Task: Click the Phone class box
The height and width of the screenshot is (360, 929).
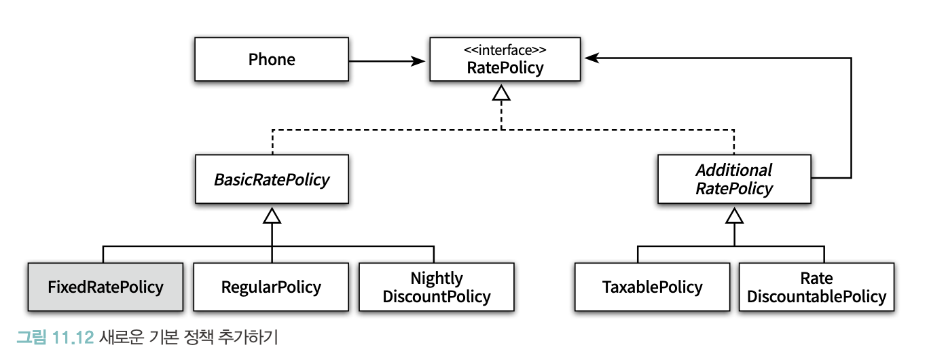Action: [272, 59]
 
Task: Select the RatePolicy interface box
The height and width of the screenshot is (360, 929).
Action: [505, 59]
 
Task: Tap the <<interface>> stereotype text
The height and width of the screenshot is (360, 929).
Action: [505, 50]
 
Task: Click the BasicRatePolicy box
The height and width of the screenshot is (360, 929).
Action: [272, 179]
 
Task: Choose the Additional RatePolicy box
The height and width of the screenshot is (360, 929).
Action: [735, 179]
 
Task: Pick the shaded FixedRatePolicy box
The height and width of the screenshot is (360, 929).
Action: [105, 287]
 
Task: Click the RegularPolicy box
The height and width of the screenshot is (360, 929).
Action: [271, 287]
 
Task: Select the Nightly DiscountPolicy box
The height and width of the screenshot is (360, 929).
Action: [437, 287]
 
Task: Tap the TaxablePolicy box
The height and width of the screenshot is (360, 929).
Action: [653, 287]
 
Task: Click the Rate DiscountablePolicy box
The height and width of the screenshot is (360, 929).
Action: [816, 287]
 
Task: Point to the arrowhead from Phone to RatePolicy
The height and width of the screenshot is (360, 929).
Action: [418, 61]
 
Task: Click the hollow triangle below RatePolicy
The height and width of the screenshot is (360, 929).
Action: [501, 93]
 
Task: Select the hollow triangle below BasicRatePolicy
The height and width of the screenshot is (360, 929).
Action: [272, 216]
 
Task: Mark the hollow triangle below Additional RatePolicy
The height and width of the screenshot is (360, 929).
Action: [735, 216]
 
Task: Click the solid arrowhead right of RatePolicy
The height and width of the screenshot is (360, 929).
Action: [591, 58]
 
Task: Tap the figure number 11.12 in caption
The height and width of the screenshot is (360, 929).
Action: [73, 337]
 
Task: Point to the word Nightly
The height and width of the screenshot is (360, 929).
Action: [437, 278]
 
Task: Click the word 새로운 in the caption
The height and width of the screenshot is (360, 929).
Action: [121, 337]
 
